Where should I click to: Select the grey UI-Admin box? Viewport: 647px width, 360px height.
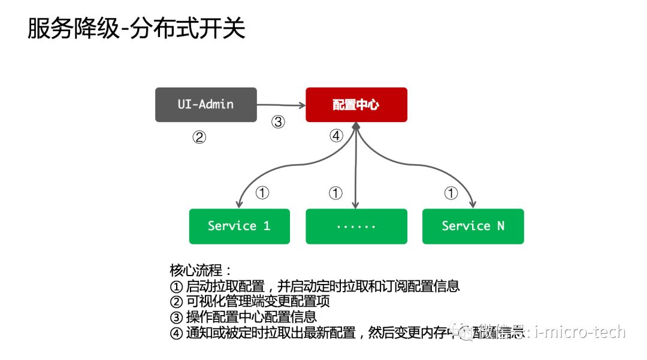click(205, 105)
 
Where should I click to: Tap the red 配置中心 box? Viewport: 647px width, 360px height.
click(356, 105)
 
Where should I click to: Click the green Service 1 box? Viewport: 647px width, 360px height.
click(239, 226)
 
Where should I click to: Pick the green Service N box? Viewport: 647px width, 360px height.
click(473, 226)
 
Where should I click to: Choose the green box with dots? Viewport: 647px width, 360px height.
click(356, 226)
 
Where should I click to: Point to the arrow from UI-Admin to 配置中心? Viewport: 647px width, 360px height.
click(280, 105)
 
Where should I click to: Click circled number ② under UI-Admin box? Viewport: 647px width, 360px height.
click(199, 138)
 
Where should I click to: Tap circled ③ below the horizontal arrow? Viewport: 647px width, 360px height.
click(277, 122)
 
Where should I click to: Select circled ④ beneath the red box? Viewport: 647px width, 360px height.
click(336, 136)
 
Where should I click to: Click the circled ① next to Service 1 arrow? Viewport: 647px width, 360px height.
click(262, 193)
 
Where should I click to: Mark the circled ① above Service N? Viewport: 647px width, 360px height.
click(451, 193)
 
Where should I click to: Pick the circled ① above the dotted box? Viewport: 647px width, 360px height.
click(335, 193)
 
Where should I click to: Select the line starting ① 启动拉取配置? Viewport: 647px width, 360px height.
click(315, 286)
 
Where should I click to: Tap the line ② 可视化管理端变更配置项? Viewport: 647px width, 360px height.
click(250, 301)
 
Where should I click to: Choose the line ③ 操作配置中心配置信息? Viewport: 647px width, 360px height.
click(243, 317)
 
